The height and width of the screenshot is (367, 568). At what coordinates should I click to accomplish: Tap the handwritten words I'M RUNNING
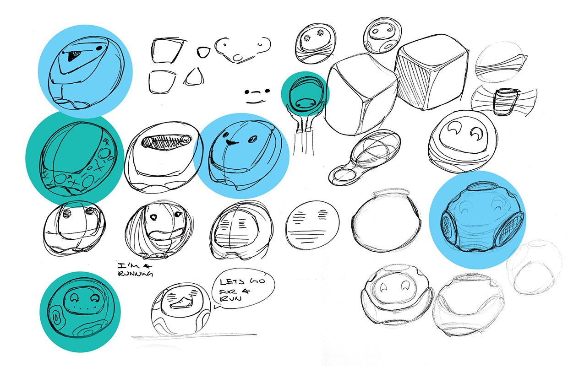click(134, 270)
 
